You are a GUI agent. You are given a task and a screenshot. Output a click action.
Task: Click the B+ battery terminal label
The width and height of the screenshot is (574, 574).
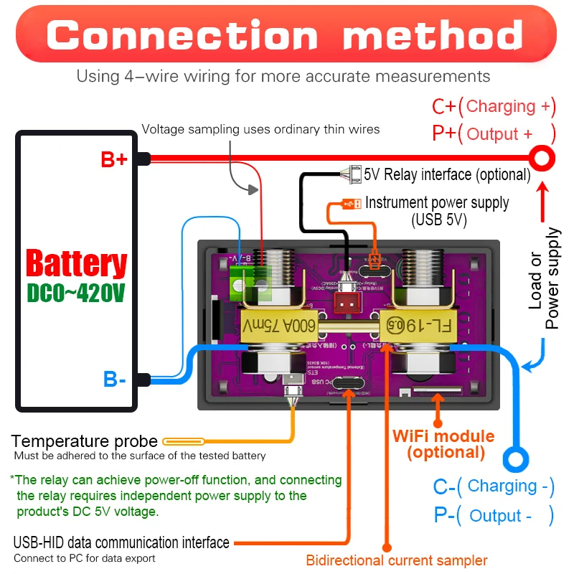click(x=113, y=160)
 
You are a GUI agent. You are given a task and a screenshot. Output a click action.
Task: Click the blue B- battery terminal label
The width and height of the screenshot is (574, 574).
click(x=114, y=378)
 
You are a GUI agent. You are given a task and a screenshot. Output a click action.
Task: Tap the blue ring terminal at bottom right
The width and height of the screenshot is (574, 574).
click(x=515, y=457)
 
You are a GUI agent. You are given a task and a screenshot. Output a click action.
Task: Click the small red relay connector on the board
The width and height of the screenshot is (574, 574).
click(x=348, y=304)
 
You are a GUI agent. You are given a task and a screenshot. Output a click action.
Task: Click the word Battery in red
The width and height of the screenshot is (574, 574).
click(x=76, y=263)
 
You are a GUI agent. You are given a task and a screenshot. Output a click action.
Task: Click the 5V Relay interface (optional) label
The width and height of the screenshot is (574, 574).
click(x=446, y=174)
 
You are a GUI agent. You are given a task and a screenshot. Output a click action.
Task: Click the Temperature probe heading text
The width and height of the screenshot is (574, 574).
click(x=85, y=441)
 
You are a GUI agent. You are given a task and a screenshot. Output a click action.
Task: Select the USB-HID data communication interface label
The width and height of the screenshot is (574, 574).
click(x=121, y=542)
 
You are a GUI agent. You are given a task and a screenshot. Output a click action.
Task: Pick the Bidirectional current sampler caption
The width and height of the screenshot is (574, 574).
click(x=397, y=560)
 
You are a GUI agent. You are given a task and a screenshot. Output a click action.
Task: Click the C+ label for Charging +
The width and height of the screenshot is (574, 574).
click(x=443, y=107)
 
